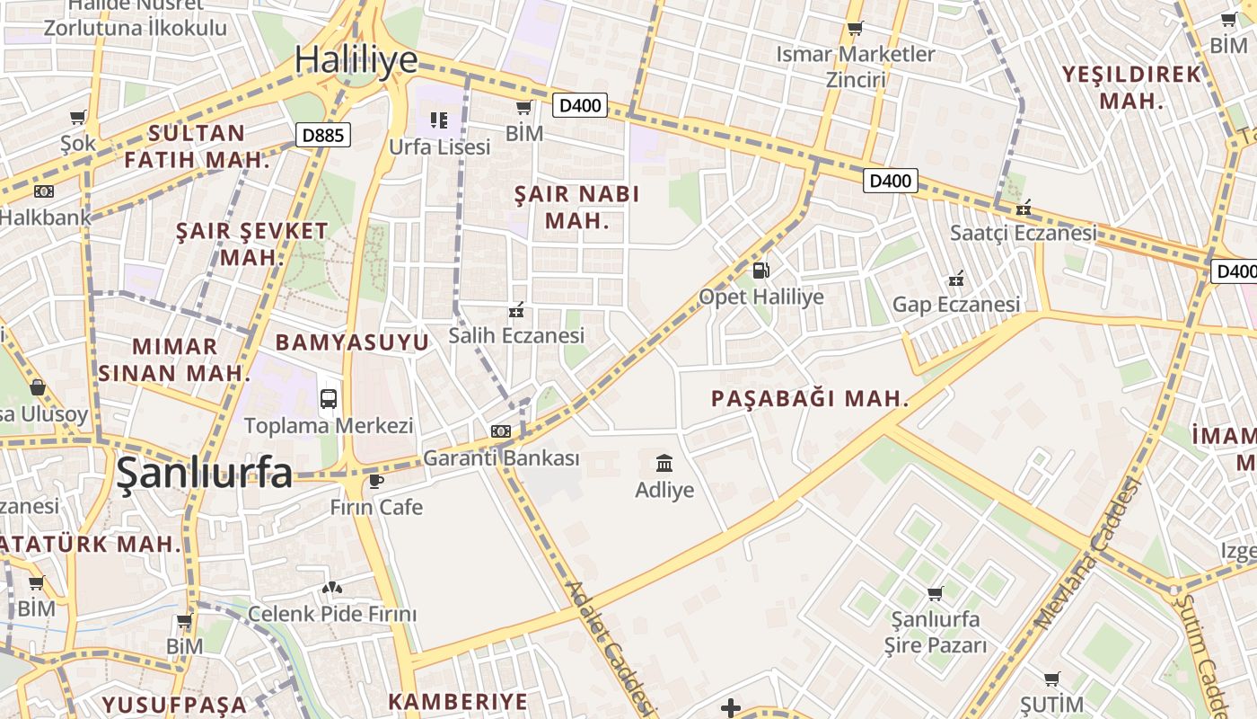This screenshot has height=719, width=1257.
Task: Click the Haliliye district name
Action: coord(356,59)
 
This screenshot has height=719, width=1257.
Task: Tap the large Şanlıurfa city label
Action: coord(205,473)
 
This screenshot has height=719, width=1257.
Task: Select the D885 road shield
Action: coord(323,136)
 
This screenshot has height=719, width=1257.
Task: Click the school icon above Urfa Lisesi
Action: coord(438,120)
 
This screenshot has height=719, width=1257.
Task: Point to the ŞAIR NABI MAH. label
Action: coord(577,207)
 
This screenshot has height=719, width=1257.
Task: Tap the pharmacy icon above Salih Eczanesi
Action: coord(516,311)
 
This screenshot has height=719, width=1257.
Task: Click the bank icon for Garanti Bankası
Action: coord(501,431)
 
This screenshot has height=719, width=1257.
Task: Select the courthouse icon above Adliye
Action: coord(664,464)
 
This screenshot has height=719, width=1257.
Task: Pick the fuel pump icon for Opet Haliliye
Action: coord(760,270)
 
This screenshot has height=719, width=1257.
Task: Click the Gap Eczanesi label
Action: coord(956,305)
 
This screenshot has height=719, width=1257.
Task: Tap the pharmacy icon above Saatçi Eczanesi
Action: coord(1023,209)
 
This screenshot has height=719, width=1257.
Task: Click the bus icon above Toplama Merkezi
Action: coord(329,398)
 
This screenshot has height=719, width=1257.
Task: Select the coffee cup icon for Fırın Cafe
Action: coord(376,481)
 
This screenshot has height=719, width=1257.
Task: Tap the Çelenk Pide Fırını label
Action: coord(332,615)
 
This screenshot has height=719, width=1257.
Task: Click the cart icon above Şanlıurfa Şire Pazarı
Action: coord(935,593)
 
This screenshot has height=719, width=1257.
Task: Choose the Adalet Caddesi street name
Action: coord(609,647)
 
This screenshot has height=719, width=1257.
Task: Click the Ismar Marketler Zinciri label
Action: coord(856,67)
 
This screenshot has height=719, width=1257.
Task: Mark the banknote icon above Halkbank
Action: coord(43,191)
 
